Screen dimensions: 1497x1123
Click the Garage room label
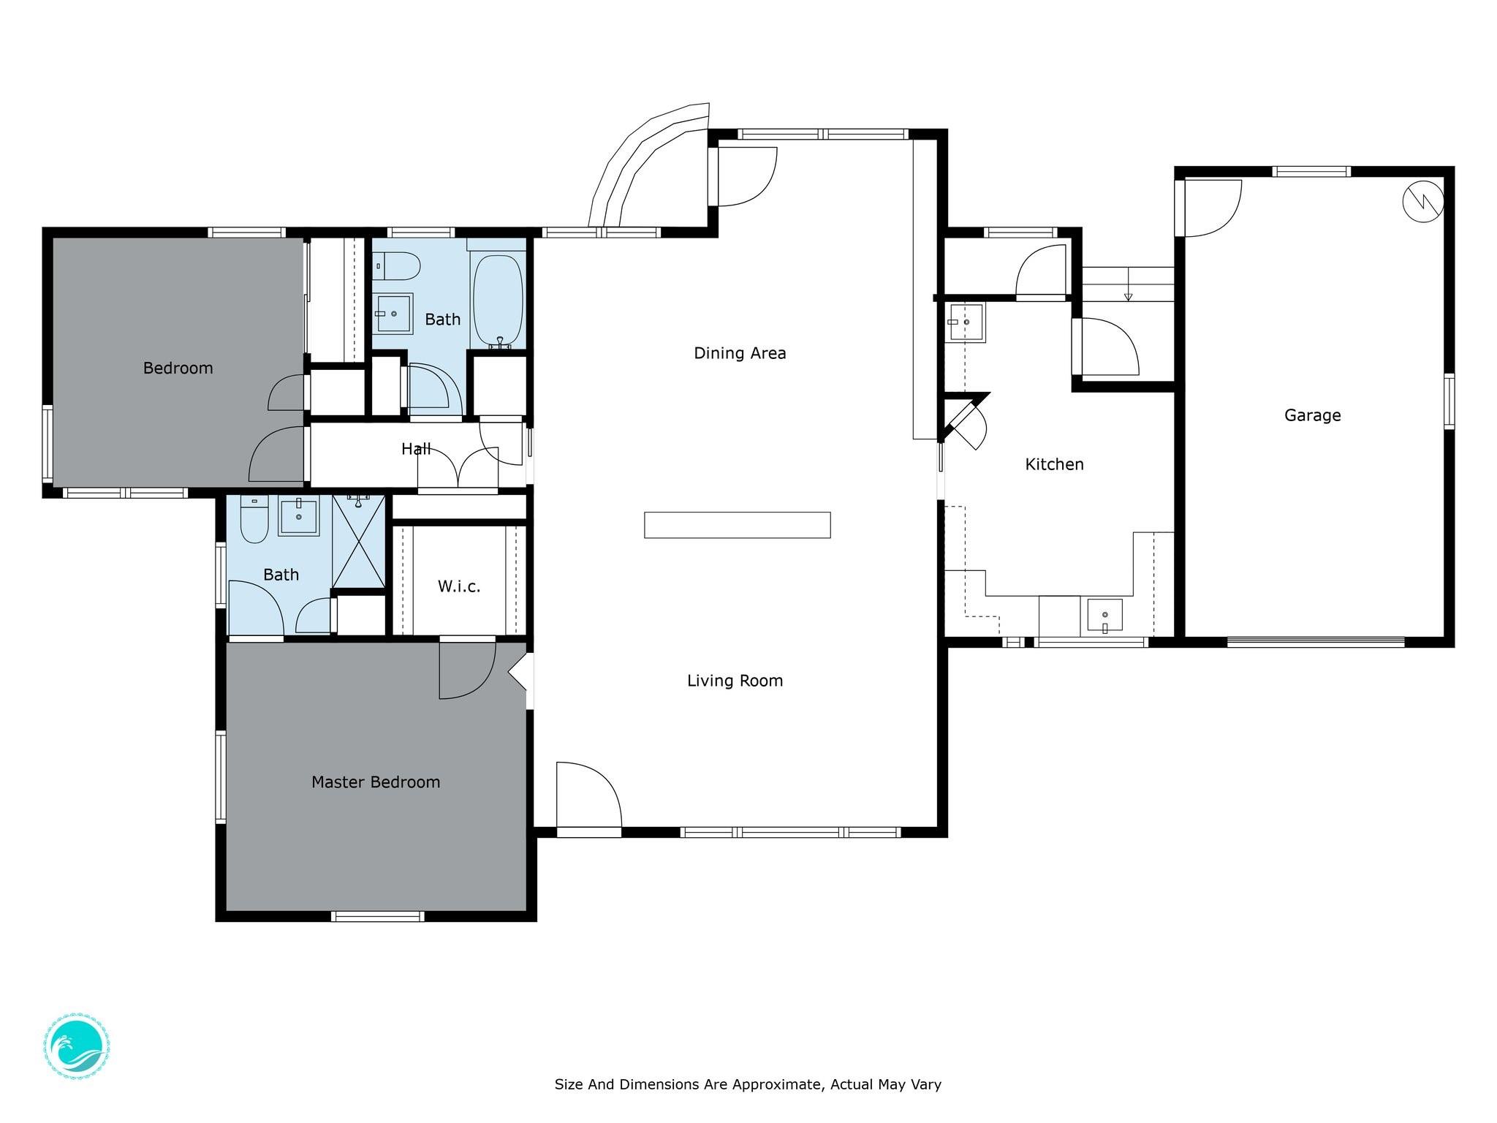pos(1312,415)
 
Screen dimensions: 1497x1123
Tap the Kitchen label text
pos(1054,464)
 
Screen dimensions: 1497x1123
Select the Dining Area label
pos(740,353)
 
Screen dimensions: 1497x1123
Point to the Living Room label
pos(735,681)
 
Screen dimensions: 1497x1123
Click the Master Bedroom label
pos(376,782)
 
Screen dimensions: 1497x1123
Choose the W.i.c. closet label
pos(459,586)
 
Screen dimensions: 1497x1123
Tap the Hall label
pos(416,449)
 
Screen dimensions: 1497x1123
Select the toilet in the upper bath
pos(397,266)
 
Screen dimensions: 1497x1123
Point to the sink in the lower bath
pos(299,517)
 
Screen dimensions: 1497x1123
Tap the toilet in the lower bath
pos(254,519)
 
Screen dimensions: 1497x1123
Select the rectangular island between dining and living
pos(737,525)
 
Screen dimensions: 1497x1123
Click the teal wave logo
pos(77,1048)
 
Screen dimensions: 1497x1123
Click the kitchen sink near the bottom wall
pos(1104,616)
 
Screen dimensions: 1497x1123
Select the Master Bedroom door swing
pos(467,670)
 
